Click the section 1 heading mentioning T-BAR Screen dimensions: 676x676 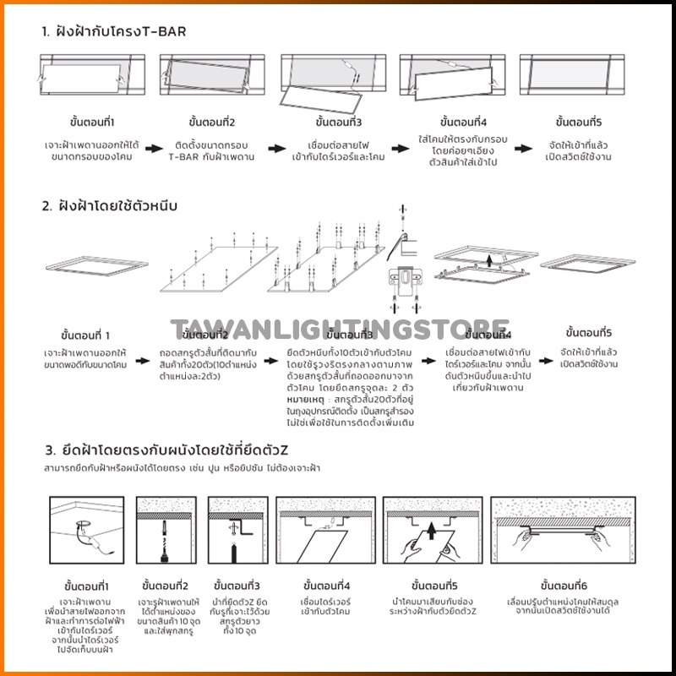114,32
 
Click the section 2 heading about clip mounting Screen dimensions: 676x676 114,205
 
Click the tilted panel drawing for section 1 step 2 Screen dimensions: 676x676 205,76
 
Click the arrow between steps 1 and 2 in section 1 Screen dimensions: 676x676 152,149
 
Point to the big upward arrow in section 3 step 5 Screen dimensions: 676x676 430,532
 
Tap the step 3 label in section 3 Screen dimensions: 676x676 237,586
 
